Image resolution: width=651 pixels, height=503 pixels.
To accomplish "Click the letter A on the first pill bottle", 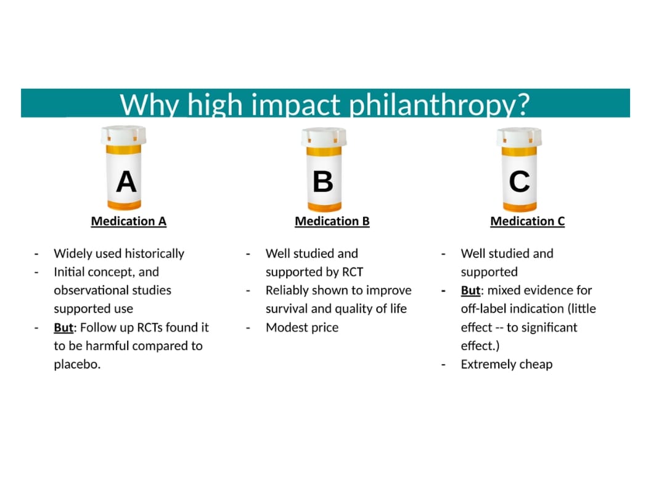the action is pyautogui.click(x=126, y=182).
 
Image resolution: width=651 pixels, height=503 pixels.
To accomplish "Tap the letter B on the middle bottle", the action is pyautogui.click(x=323, y=182).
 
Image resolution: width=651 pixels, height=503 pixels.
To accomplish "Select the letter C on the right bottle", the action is pyautogui.click(x=520, y=182).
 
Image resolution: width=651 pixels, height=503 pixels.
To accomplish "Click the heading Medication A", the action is pyautogui.click(x=129, y=221).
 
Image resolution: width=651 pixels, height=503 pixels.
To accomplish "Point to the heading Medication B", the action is pyautogui.click(x=332, y=221).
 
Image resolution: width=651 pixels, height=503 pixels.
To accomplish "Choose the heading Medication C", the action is pyautogui.click(x=528, y=221).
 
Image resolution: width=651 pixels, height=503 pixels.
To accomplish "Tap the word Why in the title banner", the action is pyautogui.click(x=149, y=104).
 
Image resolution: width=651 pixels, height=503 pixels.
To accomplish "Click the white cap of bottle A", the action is pyautogui.click(x=123, y=135).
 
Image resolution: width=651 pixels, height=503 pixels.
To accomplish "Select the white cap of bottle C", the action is pyautogui.click(x=519, y=137).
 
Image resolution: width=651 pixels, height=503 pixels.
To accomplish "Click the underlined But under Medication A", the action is pyautogui.click(x=63, y=327).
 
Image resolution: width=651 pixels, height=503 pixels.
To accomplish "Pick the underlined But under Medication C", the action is pyautogui.click(x=470, y=290).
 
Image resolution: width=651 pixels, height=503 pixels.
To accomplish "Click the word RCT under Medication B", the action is pyautogui.click(x=353, y=272).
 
